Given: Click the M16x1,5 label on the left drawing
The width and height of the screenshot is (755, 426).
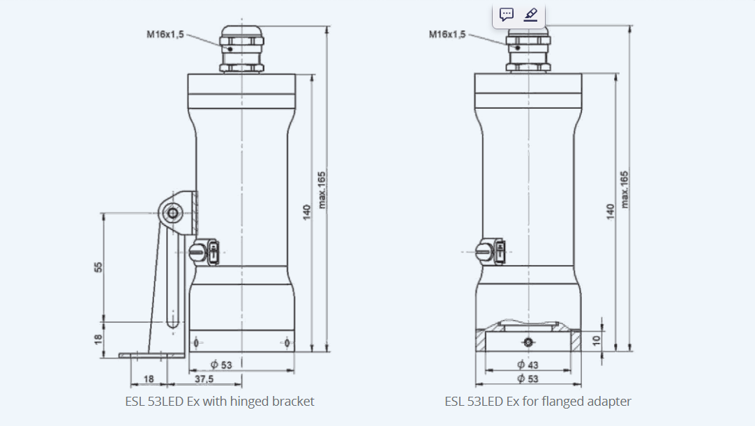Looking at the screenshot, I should click(165, 33).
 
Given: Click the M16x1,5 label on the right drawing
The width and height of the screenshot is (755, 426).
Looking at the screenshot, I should click(447, 33).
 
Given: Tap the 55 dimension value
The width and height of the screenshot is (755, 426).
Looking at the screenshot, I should click(98, 266).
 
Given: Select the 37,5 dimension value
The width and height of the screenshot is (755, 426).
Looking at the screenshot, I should click(204, 379).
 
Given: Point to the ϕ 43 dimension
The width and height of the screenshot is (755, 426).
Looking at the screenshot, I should click(528, 365).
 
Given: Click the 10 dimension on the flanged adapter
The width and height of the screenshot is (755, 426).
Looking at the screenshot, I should click(595, 340).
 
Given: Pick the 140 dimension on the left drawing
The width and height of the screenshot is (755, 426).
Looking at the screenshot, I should click(306, 213).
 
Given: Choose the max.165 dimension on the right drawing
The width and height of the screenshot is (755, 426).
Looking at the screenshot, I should click(625, 189).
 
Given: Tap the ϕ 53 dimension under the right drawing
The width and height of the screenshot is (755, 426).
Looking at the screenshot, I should click(528, 379).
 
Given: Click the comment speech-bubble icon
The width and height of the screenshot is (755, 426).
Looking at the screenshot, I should click(507, 15).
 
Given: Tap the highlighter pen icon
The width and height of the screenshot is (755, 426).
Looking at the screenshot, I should click(530, 15).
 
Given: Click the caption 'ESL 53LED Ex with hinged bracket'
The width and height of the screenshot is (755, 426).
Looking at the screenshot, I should click(220, 402).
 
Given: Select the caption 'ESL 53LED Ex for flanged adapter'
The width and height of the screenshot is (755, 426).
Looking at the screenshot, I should click(538, 402).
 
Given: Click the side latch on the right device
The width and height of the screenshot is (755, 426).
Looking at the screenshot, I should click(491, 252).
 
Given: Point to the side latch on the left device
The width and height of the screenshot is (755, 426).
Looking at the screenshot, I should click(204, 252).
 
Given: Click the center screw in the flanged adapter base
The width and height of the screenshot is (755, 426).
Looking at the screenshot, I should click(528, 342).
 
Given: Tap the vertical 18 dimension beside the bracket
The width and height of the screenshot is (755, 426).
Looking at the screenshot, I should click(98, 338).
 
